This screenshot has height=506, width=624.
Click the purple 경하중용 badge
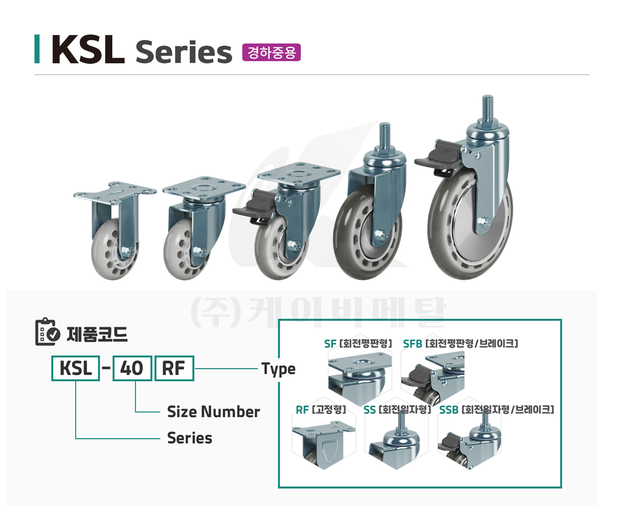point(271,53)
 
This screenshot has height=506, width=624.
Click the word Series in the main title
point(184,52)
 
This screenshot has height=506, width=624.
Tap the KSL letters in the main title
point(88,49)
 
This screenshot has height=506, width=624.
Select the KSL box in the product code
point(76,368)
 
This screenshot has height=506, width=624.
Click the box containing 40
point(132,368)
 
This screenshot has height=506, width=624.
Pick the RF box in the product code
point(174,368)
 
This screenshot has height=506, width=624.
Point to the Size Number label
point(213,412)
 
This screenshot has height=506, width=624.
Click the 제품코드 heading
point(97,334)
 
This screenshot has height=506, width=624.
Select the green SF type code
point(330,344)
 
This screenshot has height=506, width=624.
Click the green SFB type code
point(412,344)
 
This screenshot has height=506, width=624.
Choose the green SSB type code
point(449,410)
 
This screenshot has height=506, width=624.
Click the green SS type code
point(369,410)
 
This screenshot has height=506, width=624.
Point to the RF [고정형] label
point(321,410)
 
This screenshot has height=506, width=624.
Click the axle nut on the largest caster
point(485,223)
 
